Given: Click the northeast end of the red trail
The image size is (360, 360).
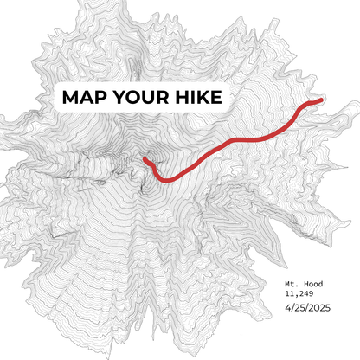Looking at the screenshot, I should (322, 100).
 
